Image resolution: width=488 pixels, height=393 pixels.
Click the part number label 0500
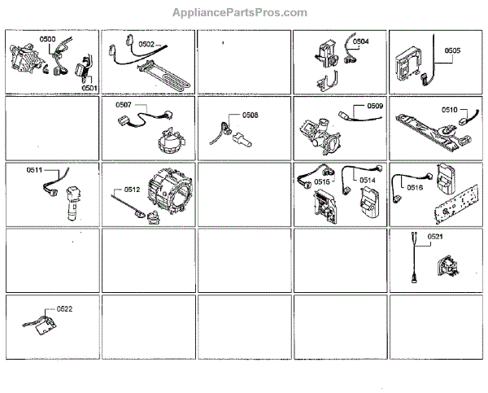(48, 40)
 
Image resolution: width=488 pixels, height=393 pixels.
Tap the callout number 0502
(146, 43)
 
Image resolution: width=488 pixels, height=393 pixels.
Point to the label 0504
(360, 41)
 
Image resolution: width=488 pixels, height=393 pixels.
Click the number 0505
(452, 50)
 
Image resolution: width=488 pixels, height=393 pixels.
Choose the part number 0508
(251, 116)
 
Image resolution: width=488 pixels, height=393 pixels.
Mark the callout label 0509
(375, 106)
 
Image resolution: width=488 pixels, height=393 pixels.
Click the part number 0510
(450, 109)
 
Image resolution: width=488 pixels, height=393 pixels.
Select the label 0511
(34, 171)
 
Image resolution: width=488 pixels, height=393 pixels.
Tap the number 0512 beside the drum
(132, 190)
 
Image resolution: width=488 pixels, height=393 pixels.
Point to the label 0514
(368, 180)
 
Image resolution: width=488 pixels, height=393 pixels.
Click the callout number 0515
(323, 183)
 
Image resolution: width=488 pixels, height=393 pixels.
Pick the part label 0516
(415, 187)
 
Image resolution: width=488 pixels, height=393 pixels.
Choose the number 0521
(435, 237)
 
